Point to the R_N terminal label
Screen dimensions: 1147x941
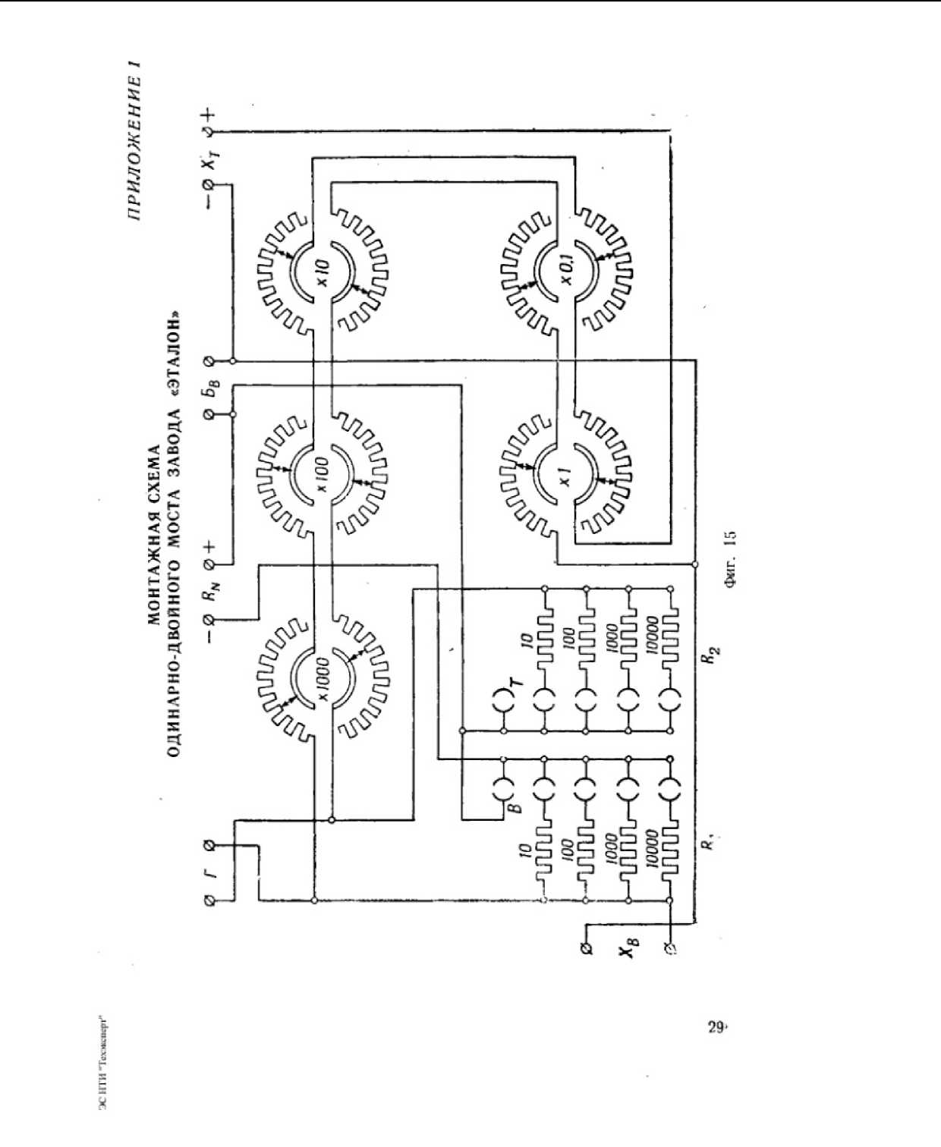click(209, 593)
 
